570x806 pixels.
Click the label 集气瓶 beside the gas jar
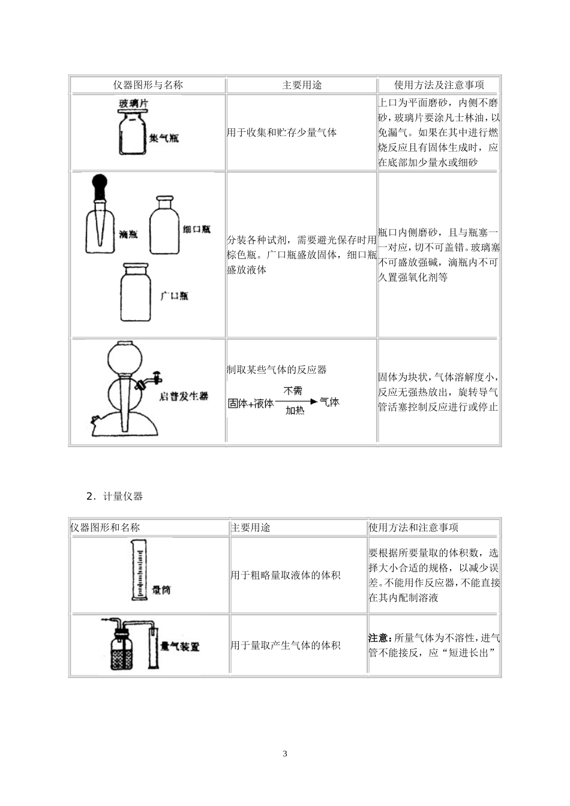(164, 138)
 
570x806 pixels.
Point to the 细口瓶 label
(197, 230)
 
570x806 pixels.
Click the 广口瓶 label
(174, 296)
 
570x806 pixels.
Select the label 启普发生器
(184, 396)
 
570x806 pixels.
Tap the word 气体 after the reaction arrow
(329, 402)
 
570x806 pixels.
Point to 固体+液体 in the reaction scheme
(251, 404)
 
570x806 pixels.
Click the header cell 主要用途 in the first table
(302, 85)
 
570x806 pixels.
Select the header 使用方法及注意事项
(439, 85)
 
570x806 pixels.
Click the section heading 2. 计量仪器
(115, 496)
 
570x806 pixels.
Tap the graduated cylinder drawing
(139, 570)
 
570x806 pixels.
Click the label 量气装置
(180, 646)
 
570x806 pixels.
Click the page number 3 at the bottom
(285, 754)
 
